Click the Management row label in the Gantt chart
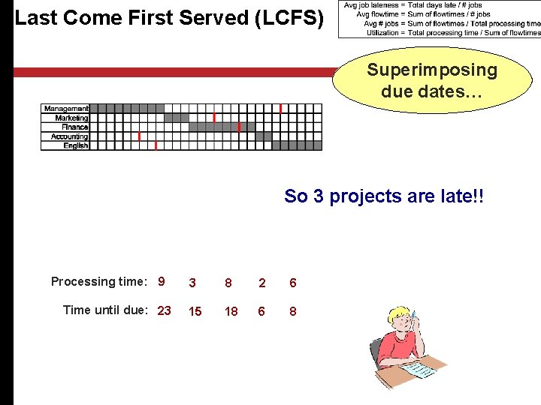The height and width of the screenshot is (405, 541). [66, 109]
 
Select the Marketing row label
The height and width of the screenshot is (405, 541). [71, 118]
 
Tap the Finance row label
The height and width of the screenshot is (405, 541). [74, 127]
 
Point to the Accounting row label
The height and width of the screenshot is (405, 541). [69, 136]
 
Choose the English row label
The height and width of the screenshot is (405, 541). [75, 145]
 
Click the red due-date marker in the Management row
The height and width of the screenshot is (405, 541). [280, 109]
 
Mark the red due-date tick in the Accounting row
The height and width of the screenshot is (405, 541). [139, 136]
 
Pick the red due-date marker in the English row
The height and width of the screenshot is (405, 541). [156, 145]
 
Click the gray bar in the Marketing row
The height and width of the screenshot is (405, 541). [177, 118]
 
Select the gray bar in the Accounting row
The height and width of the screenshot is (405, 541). [264, 136]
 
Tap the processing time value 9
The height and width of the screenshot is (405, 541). [162, 282]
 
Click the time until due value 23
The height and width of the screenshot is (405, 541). [164, 310]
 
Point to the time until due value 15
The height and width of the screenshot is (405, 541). [195, 311]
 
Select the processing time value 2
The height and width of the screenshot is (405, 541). [261, 283]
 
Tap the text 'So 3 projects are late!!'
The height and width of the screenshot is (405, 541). [384, 196]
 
